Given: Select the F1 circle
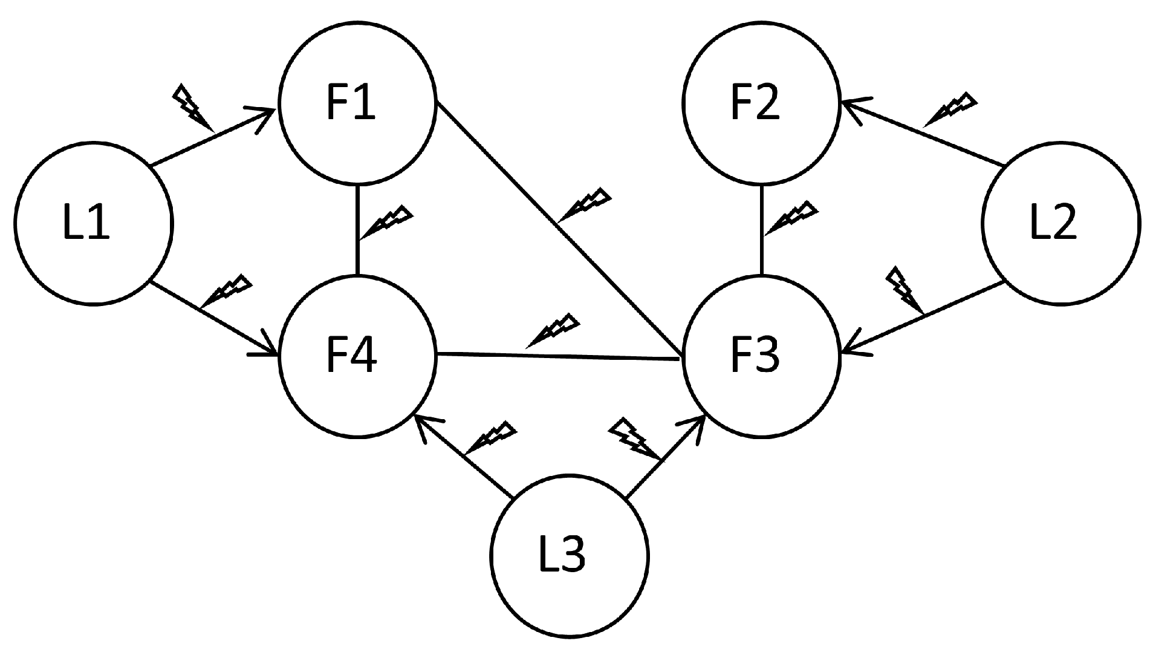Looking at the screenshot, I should point(357,104).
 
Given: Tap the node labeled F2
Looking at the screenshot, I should point(761,104).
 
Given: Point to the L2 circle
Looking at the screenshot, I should point(1060,224).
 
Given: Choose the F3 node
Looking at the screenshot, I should point(761,357).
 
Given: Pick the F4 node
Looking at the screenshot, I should point(357,357).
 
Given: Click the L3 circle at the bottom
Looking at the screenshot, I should point(569,555).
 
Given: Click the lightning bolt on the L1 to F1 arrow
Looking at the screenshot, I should point(192,107).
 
